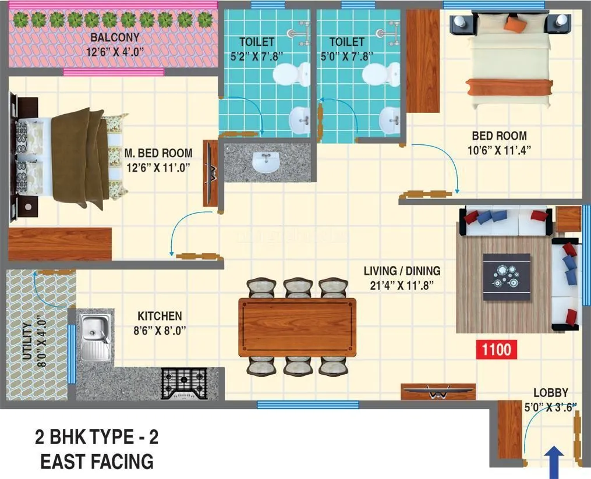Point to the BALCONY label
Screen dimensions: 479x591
click(115, 38)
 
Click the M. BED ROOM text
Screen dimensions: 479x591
click(158, 154)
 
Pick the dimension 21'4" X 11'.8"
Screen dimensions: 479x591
click(402, 285)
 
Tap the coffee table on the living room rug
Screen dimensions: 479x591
click(507, 277)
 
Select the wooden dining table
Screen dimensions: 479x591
click(297, 327)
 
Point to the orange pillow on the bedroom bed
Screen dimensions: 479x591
click(515, 24)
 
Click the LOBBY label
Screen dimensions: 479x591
click(550, 393)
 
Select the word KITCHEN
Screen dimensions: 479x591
click(160, 316)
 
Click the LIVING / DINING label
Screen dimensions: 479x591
click(402, 271)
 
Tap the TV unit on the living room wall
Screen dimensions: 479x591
click(438, 392)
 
